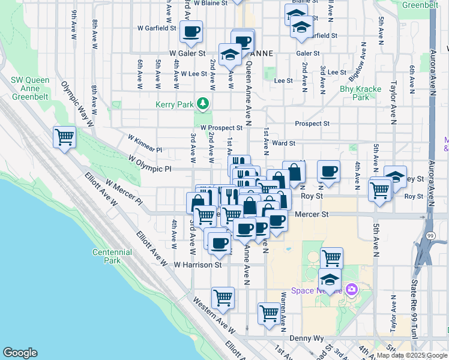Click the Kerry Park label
175,104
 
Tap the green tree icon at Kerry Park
203,104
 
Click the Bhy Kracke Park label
360,93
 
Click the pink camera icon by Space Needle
351,290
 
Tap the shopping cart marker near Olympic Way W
64,137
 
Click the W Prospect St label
221,128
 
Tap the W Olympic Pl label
149,163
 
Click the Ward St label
284,143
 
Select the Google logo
20,353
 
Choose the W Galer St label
187,53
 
